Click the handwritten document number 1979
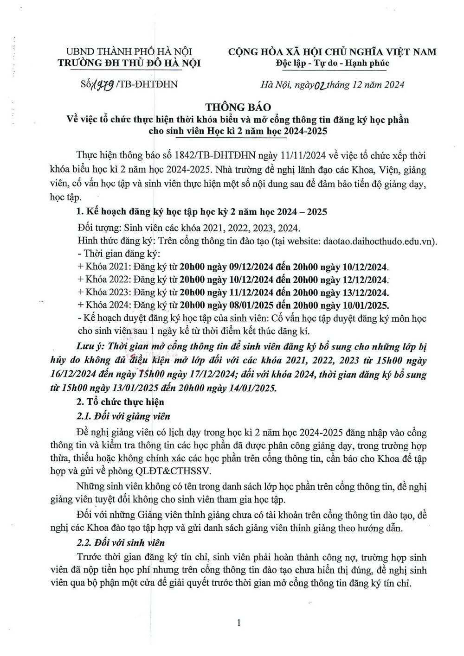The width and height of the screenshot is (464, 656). [x=103, y=84]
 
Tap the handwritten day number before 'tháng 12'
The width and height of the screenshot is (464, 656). [x=320, y=85]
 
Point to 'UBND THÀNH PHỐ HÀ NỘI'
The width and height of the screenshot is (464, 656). [x=129, y=51]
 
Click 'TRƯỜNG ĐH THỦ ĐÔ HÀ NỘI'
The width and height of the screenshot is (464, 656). [x=129, y=63]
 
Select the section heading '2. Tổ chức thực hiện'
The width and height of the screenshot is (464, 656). [x=120, y=401]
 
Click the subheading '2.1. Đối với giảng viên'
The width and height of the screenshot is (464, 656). [x=123, y=416]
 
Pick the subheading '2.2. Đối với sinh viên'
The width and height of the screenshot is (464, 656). [x=121, y=542]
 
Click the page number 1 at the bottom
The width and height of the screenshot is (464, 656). [x=238, y=623]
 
